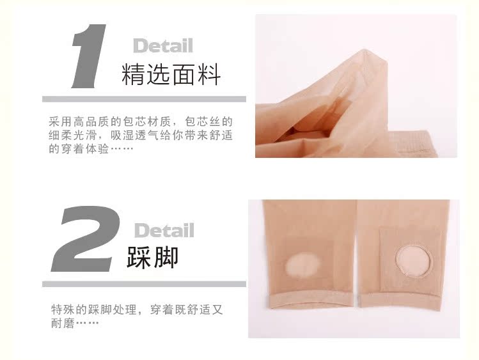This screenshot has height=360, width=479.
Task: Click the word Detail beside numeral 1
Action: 162,45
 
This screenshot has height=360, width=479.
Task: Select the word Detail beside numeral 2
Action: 164,230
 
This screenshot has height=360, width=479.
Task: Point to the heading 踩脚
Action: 153,256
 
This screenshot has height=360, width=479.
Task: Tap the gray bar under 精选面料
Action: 144,99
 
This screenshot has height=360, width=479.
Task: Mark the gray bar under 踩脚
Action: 144,284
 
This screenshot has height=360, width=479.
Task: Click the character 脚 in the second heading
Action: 166,256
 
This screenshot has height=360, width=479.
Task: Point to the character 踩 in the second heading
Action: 140,256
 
